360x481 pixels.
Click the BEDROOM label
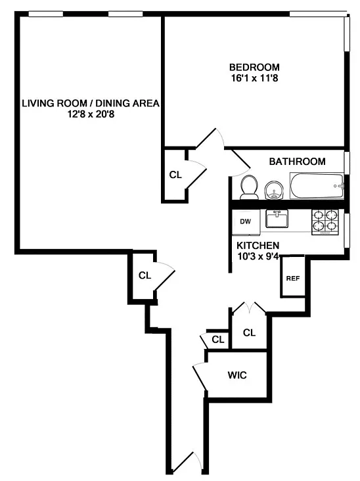tap(254, 67)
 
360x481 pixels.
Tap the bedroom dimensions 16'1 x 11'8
tap(254, 78)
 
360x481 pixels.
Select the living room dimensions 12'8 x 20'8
tap(91, 114)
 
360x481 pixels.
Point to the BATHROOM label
tap(297, 162)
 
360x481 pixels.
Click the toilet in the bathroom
tap(249, 187)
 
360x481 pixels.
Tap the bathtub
tap(317, 186)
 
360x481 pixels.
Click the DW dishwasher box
tap(246, 222)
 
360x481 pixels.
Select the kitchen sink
tap(277, 219)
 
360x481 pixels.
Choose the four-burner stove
tap(325, 222)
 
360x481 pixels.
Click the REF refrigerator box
tap(293, 278)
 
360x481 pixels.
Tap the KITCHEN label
tap(258, 246)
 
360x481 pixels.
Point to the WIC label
tap(237, 375)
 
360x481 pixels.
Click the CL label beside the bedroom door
tap(175, 175)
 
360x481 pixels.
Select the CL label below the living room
tap(145, 275)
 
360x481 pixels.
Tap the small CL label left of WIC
tap(218, 340)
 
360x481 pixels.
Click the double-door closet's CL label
tap(249, 332)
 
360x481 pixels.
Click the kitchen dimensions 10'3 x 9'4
tap(258, 256)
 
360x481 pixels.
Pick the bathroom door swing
tap(240, 164)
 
